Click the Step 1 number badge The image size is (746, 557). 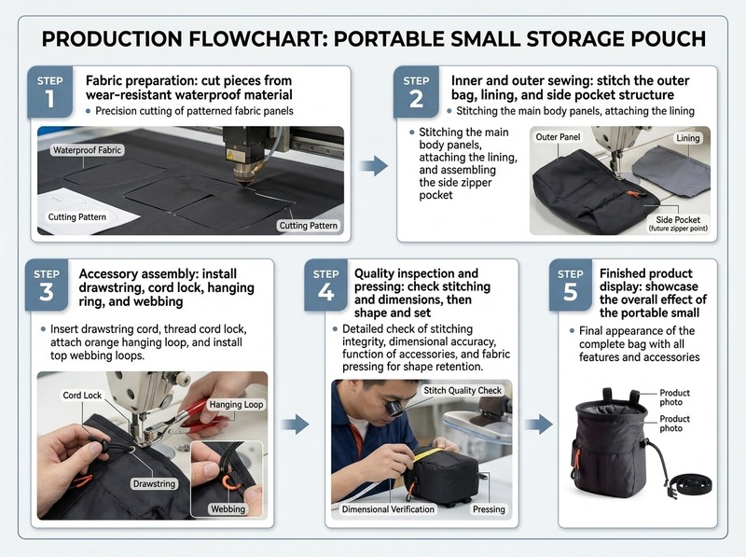[x=50, y=91]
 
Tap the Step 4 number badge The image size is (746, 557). [x=325, y=285]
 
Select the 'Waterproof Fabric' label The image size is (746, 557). [x=87, y=150]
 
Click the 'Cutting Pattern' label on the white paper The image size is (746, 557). [x=77, y=217]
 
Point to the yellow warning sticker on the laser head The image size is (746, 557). [x=230, y=155]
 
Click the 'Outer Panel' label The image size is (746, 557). [x=558, y=137]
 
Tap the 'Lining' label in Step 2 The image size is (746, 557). [x=688, y=138]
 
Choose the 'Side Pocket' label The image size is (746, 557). [x=678, y=223]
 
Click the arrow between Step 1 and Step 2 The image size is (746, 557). [x=374, y=166]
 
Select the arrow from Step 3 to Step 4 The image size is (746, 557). [x=295, y=424]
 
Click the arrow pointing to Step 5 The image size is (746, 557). [x=539, y=424]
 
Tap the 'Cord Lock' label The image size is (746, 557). [x=82, y=396]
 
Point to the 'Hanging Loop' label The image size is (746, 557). [x=236, y=405]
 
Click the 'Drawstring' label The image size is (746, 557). [x=154, y=483]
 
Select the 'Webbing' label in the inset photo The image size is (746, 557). [x=228, y=508]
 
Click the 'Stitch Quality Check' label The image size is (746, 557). [x=463, y=390]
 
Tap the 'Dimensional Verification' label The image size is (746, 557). [x=388, y=509]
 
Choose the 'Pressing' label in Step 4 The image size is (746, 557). [x=489, y=509]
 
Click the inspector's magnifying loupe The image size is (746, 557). [x=394, y=408]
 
